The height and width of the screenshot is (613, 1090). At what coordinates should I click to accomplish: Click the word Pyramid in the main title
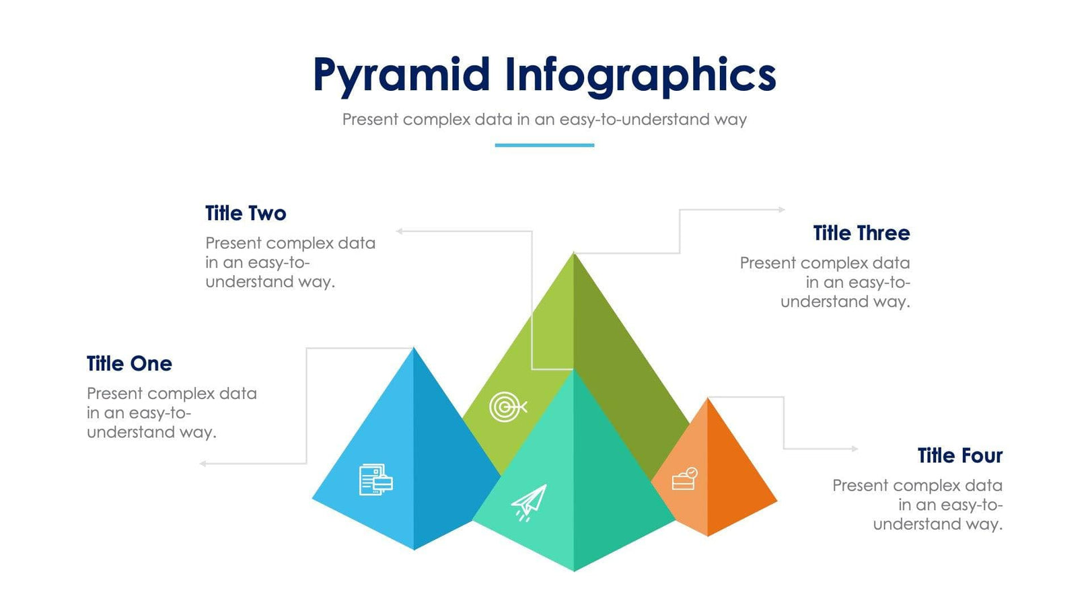coord(401,75)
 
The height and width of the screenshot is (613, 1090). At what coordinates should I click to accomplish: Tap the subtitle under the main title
coord(544,120)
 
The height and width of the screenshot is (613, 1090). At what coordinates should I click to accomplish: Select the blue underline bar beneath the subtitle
coord(544,145)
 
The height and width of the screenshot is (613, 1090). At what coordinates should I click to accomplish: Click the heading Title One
coord(129,364)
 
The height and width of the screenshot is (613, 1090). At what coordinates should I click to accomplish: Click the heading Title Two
coord(246,213)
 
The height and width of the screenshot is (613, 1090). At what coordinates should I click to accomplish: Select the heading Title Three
coord(861,233)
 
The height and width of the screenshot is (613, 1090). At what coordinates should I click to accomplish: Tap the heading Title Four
coord(959,456)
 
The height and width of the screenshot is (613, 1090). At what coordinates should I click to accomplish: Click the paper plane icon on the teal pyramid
coord(530,503)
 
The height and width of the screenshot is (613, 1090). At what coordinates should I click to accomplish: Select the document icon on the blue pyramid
coord(375,480)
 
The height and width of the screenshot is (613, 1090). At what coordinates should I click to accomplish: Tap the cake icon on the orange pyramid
coord(684,479)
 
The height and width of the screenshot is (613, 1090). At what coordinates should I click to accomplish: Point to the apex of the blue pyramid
coord(414,349)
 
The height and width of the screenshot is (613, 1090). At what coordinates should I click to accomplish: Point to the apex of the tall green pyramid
coord(574,254)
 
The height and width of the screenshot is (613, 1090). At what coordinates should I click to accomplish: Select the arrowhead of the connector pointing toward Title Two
coord(399,231)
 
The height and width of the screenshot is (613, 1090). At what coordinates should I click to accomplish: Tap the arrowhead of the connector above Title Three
coord(782,210)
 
